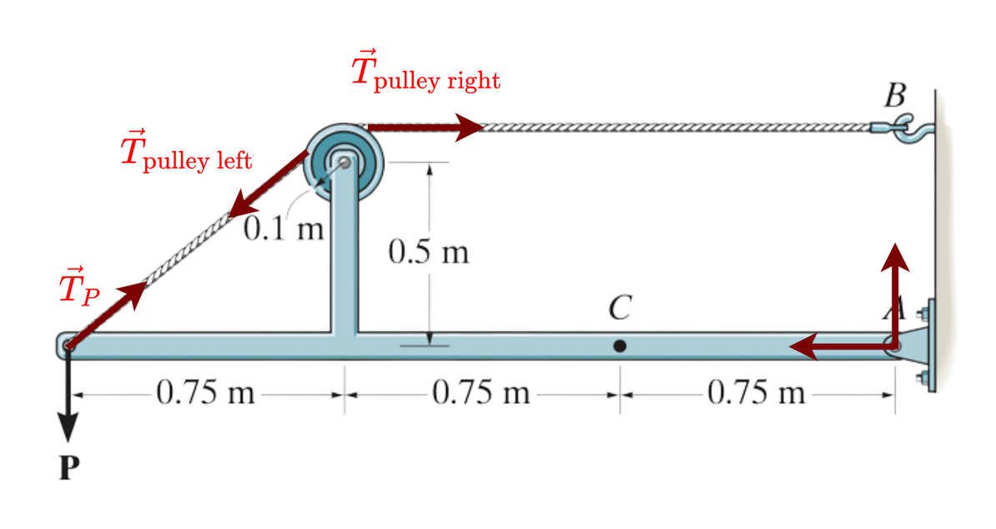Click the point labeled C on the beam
pyautogui.click(x=619, y=345)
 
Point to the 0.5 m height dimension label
pyautogui.click(x=428, y=251)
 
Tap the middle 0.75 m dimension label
pyautogui.click(x=481, y=391)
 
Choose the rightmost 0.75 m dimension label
pyautogui.click(x=757, y=391)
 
